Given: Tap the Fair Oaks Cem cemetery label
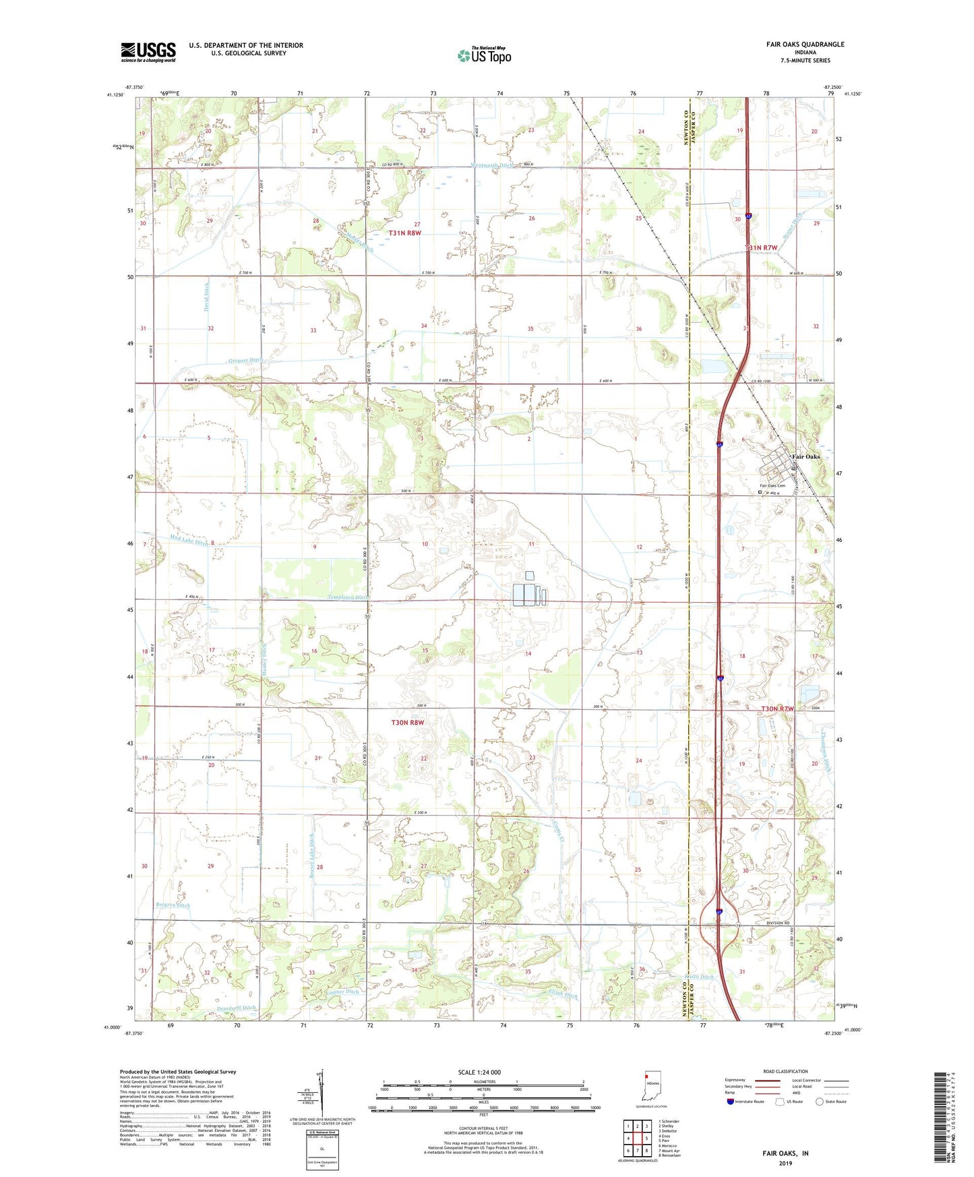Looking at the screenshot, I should [772, 485].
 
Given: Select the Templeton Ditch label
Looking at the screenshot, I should [348, 597].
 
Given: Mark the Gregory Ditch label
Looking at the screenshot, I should [245, 361].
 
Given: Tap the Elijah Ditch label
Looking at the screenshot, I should [563, 996].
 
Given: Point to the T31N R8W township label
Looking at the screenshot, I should [404, 233].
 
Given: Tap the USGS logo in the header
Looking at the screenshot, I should [148, 51].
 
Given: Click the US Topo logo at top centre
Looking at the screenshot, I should [484, 55].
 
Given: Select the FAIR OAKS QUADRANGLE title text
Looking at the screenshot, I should [804, 44].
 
